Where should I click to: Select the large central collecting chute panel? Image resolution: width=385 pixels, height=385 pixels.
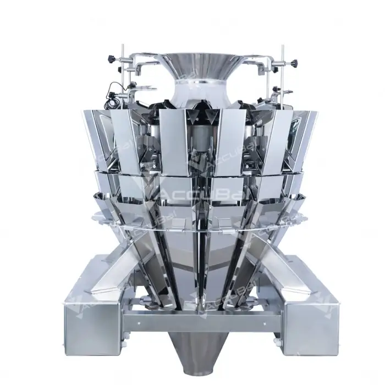coord(193,258)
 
